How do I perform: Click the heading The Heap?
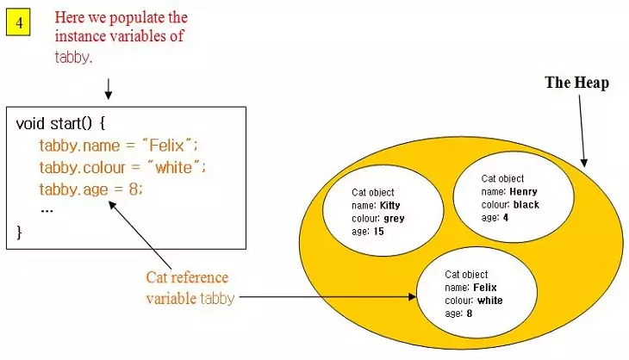click(x=576, y=83)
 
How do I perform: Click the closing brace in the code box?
click(x=20, y=232)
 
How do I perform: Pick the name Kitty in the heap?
click(x=389, y=206)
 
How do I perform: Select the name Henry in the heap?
click(x=523, y=191)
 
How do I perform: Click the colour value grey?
click(x=395, y=219)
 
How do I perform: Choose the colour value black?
click(x=526, y=205)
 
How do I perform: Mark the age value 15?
click(x=377, y=232)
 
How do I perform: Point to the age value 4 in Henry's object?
click(x=506, y=218)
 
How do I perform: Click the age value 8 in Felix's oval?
click(x=469, y=313)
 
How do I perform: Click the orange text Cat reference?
click(x=188, y=277)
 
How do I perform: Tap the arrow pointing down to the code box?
click(x=109, y=89)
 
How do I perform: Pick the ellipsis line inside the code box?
click(x=47, y=209)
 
